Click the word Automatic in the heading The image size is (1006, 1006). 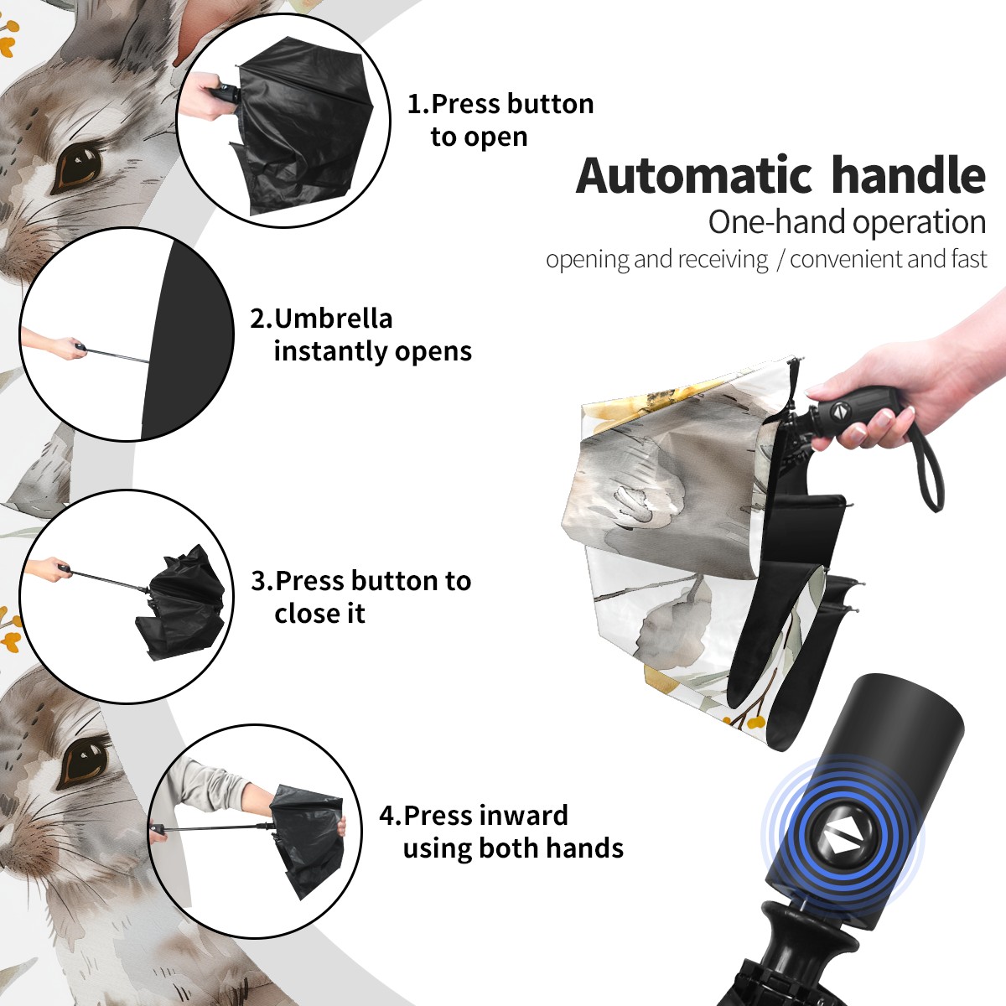694,176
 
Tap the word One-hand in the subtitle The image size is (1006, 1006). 777,222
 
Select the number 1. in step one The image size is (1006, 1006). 417,104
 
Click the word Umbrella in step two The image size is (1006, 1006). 333,319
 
